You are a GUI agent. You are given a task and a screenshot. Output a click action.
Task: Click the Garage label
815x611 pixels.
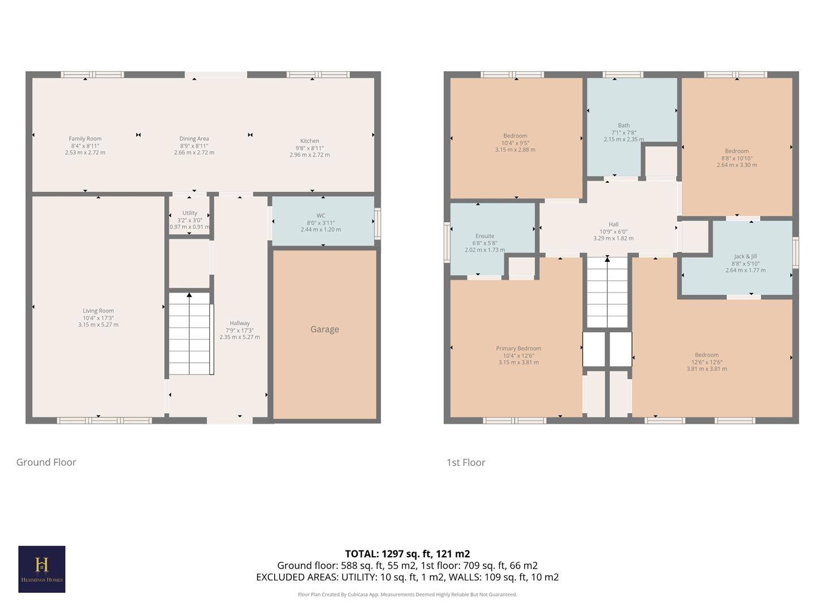324,329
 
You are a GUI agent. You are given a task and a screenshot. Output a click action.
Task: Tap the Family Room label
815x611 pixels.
85,139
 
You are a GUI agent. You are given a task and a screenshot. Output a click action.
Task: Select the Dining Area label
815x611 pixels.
194,139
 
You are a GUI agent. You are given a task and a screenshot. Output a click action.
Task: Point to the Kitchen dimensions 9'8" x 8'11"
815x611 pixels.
310,148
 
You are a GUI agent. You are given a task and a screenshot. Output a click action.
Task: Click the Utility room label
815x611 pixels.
190,213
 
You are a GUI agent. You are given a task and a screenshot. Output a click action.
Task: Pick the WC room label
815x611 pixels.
321,216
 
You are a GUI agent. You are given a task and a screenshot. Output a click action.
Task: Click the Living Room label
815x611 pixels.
98,311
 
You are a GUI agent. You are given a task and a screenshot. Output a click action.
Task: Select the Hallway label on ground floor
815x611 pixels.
239,323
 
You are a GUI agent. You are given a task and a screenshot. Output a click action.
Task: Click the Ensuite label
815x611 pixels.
484,236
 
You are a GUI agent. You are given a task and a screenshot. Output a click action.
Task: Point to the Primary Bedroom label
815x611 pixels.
518,348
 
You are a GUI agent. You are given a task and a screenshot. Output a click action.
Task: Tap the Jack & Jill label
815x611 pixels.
745,256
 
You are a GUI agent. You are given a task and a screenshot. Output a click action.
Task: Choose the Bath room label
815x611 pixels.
624,126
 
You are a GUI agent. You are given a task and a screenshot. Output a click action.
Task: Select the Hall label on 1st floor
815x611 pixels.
614,225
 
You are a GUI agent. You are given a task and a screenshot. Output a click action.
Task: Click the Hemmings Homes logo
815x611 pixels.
42,569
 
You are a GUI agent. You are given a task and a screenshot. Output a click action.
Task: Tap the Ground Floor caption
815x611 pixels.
46,462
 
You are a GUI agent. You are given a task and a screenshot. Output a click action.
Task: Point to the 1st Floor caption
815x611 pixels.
466,462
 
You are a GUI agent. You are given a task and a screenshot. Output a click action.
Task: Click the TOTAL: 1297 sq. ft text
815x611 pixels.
407,554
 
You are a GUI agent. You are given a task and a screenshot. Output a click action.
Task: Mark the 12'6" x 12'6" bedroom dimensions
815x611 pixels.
707,362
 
